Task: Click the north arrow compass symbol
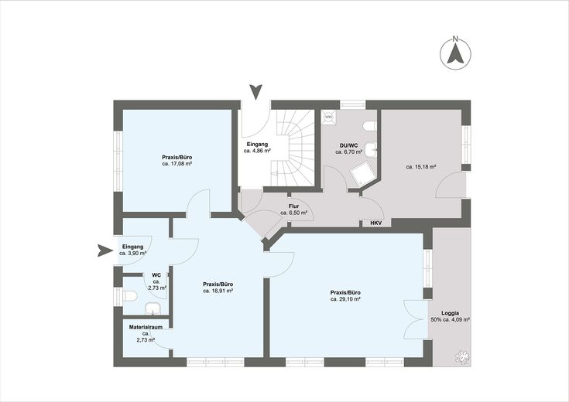(x=455, y=53)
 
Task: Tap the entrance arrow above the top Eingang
(x=256, y=92)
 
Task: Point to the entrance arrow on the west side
(x=105, y=250)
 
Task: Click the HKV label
(x=376, y=223)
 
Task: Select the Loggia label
(x=450, y=313)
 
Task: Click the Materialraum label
(x=146, y=327)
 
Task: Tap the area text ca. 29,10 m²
(x=345, y=299)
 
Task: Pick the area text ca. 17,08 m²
(x=177, y=164)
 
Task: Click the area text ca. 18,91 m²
(x=218, y=291)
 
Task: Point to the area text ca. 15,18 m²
(x=421, y=167)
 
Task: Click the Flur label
(x=293, y=206)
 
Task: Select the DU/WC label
(x=348, y=145)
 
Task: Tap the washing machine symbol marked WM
(x=328, y=117)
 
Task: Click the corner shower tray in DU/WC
(x=362, y=175)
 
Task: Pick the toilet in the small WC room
(x=130, y=296)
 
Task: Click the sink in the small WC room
(x=153, y=308)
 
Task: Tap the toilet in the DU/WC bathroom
(x=370, y=127)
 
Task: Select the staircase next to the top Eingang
(x=293, y=148)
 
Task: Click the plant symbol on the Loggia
(x=462, y=356)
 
